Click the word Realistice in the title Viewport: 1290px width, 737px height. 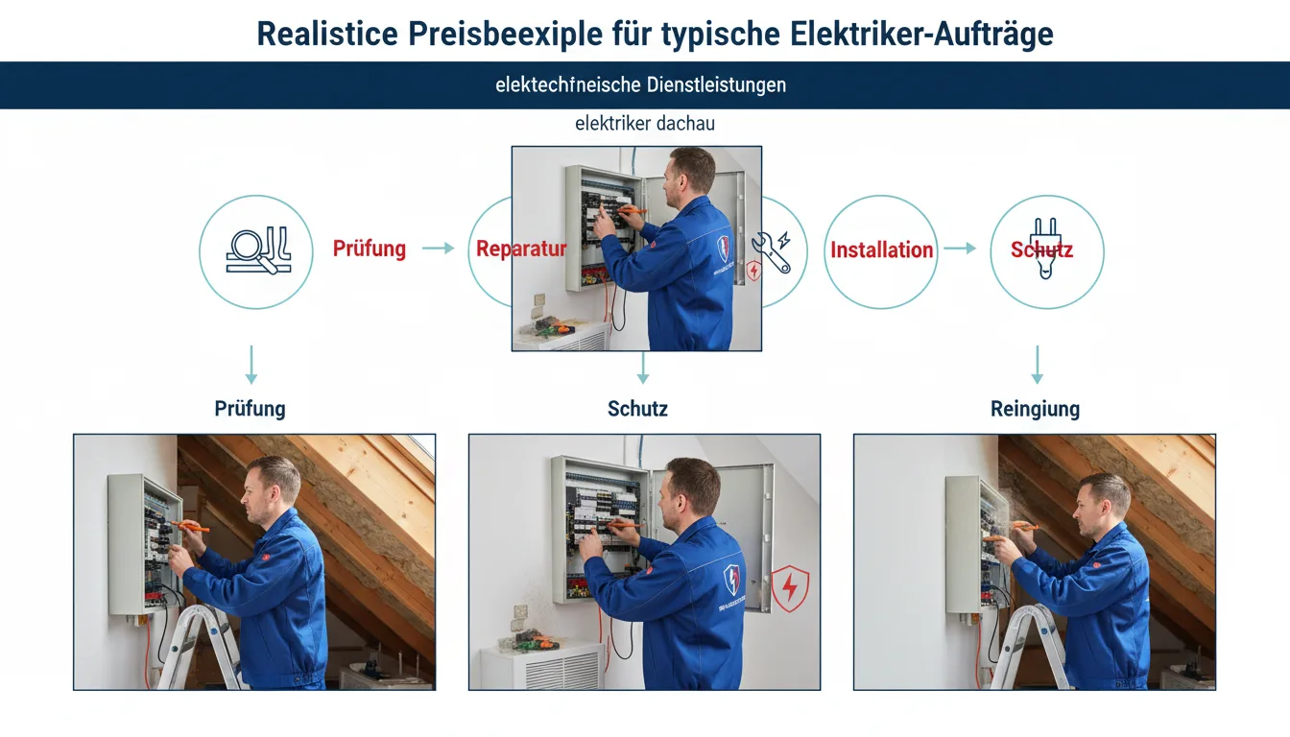point(327,34)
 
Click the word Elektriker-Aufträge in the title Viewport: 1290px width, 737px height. point(921,36)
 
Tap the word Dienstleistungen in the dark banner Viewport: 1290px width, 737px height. point(716,85)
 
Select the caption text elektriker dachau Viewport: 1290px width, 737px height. point(645,123)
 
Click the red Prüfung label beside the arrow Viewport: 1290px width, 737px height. point(370,249)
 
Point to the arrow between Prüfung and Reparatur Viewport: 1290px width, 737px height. point(439,249)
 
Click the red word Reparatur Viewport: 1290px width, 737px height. point(521,249)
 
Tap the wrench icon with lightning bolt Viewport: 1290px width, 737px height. point(772,251)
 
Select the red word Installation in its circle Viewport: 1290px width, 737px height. point(882,250)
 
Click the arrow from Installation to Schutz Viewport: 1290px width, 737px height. point(960,249)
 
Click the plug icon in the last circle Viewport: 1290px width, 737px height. point(1046,249)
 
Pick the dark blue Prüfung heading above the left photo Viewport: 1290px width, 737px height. point(250,409)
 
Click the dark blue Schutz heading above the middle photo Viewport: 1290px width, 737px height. point(637,409)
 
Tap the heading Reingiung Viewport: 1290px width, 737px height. point(1035,410)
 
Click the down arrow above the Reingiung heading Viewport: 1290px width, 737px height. point(1038,365)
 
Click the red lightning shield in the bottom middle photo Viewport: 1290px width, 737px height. point(790,588)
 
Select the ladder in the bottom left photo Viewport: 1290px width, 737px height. point(199,647)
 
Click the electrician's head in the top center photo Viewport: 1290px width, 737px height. point(688,177)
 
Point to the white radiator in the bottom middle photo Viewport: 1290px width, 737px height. point(542,666)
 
